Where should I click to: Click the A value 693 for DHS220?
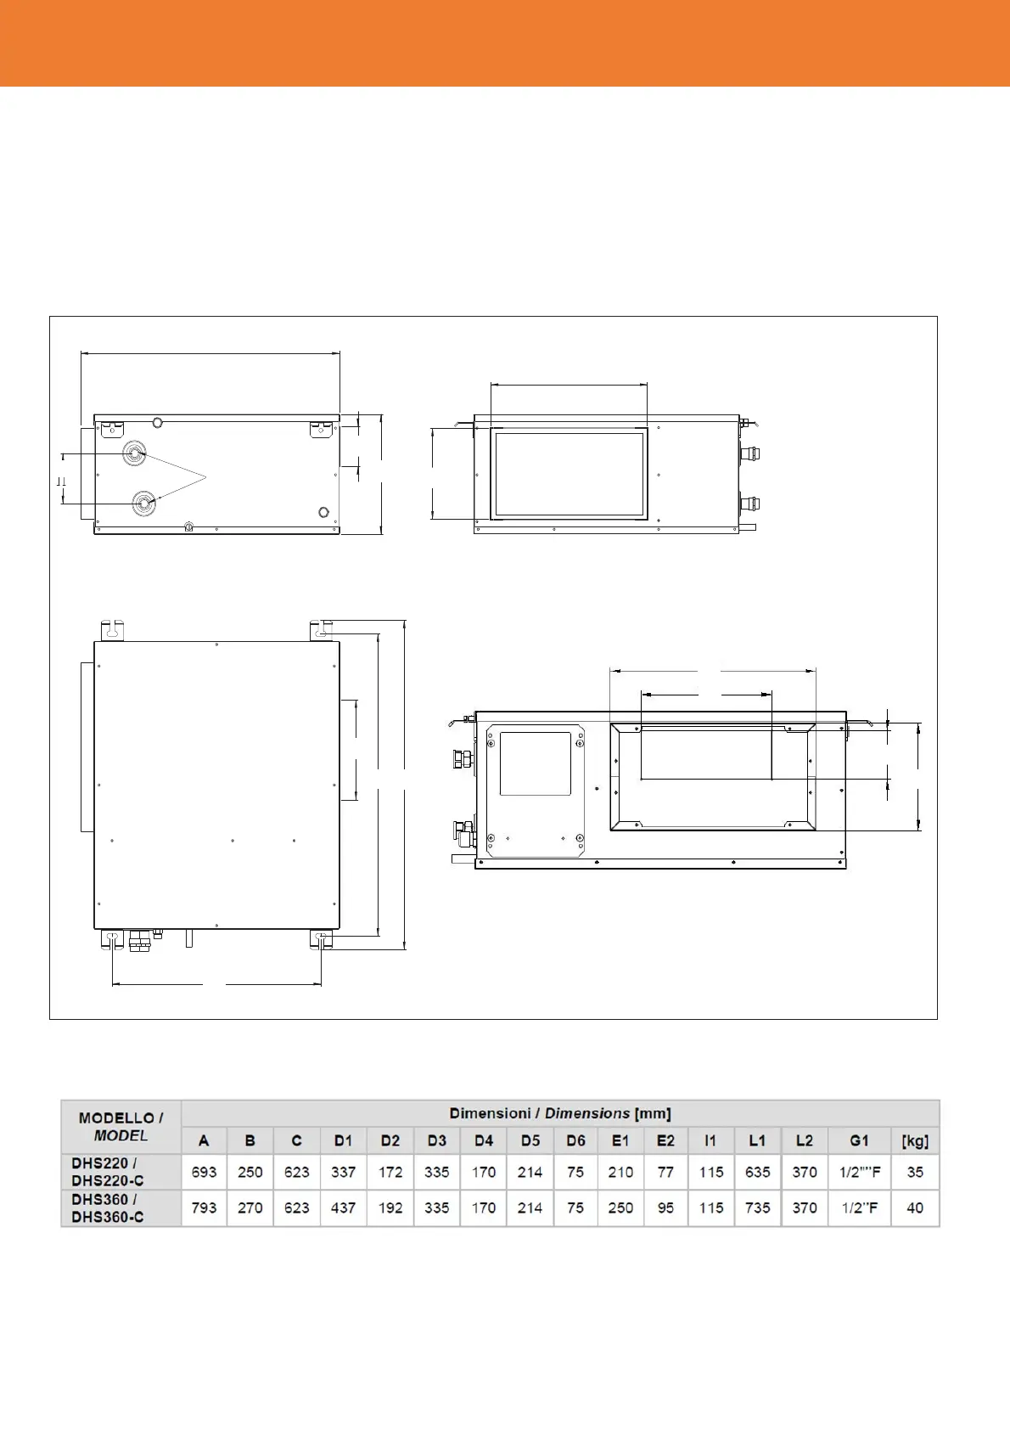point(205,1172)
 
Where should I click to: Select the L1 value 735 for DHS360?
point(757,1208)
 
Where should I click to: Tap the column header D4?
point(484,1140)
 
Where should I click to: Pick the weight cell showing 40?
point(915,1208)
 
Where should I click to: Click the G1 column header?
point(859,1140)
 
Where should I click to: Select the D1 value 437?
point(343,1208)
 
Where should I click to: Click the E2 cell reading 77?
point(665,1172)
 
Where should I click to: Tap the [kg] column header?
point(915,1140)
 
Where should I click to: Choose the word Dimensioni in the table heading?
point(490,1113)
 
